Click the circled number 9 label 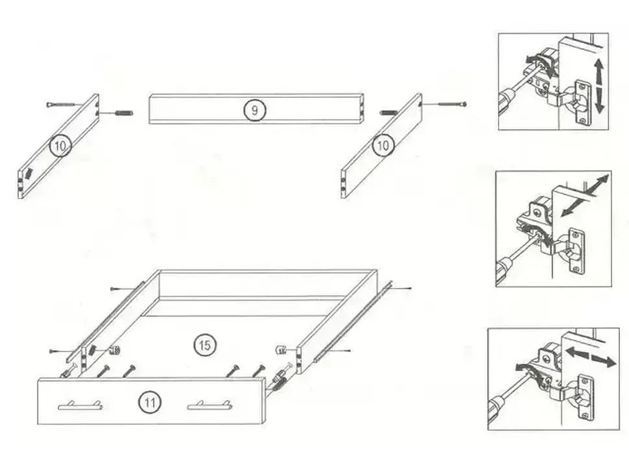coord(254,110)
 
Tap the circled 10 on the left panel coord(60,146)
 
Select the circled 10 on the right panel coord(383,145)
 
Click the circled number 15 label coord(204,344)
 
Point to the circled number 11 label coord(150,402)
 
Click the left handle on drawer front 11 coord(80,405)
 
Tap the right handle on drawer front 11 coord(209,405)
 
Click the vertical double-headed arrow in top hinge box coord(599,86)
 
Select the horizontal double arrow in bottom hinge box coord(591,357)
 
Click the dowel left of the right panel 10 coord(388,112)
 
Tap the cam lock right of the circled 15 coord(281,349)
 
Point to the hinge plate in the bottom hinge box coord(586,397)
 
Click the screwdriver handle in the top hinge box coord(508,101)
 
